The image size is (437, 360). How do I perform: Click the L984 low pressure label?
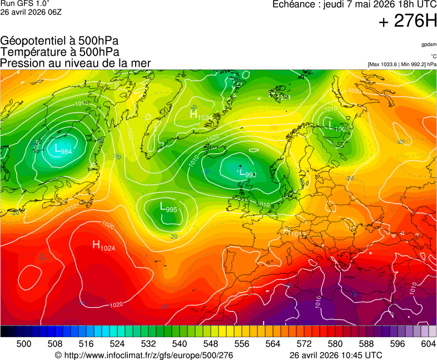[62, 149]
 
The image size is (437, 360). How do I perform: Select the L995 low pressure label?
[168, 207]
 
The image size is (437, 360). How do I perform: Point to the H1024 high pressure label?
[103, 246]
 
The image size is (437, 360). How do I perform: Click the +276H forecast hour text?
[408, 22]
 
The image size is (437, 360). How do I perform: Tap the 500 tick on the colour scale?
[24, 344]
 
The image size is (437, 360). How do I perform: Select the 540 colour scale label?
[179, 344]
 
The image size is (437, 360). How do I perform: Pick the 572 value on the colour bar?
[304, 344]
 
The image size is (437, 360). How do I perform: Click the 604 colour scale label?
[428, 344]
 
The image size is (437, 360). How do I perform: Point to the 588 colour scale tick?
[366, 344]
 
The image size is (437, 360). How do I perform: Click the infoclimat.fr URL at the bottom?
[144, 355]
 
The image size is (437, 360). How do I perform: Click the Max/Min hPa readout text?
[402, 64]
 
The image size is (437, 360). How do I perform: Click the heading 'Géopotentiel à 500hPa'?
[59, 41]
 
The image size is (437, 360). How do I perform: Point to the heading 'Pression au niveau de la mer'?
[76, 63]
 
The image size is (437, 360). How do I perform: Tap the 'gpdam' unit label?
[429, 44]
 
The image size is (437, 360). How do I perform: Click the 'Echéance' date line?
[354, 4]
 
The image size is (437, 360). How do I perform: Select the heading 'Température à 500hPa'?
[59, 52]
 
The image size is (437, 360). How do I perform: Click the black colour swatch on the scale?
[4, 331]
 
